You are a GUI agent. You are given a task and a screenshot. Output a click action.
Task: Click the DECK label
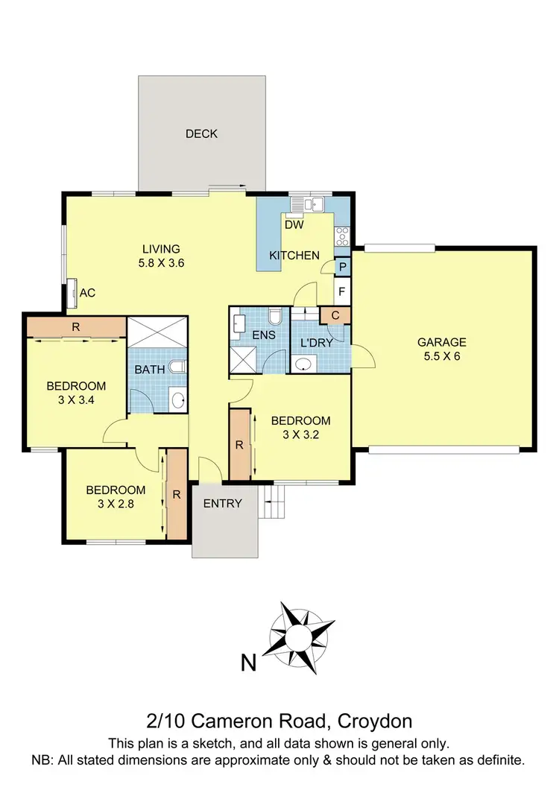coord(201,134)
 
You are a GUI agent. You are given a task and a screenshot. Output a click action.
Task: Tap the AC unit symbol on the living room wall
coord(73,292)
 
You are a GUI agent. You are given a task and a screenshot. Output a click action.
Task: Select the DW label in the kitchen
coord(294,224)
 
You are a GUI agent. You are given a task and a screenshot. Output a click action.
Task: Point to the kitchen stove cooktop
coord(343,236)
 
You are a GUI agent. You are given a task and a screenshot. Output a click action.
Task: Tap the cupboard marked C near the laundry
coord(335,315)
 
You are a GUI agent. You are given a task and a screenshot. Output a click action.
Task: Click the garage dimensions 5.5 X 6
coord(441,356)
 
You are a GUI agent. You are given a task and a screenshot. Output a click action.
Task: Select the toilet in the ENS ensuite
coord(275,318)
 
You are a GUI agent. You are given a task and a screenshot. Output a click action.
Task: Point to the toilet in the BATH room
coord(177,367)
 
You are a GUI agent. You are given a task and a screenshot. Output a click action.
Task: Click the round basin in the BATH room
coord(177,400)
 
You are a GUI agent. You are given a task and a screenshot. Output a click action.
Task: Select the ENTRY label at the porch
coord(222,504)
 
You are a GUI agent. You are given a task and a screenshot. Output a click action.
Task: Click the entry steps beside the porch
coord(274,502)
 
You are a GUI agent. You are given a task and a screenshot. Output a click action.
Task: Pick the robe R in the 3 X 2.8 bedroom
coord(176,493)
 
